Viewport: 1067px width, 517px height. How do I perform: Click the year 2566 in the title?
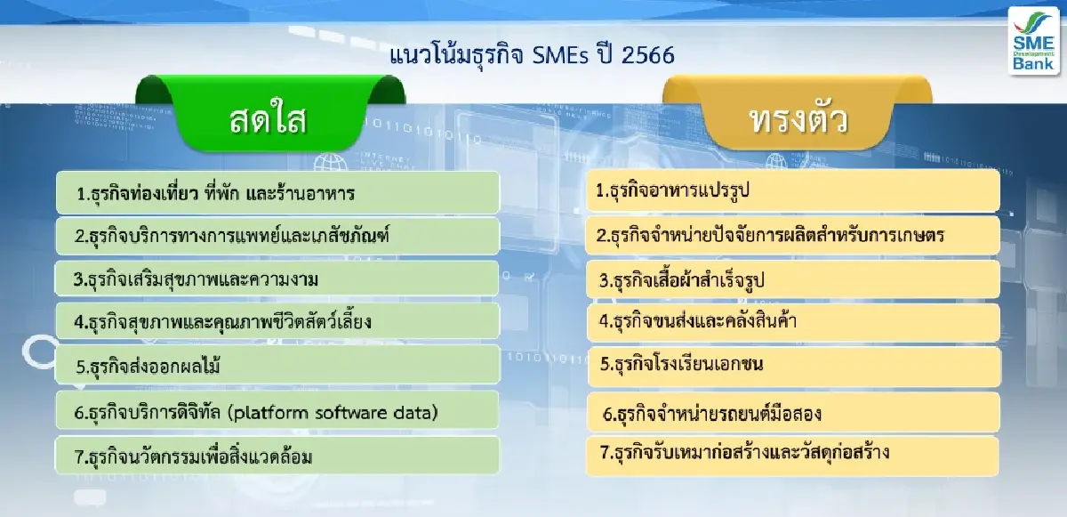(649, 55)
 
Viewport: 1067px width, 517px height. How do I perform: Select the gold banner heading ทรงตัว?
(798, 118)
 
